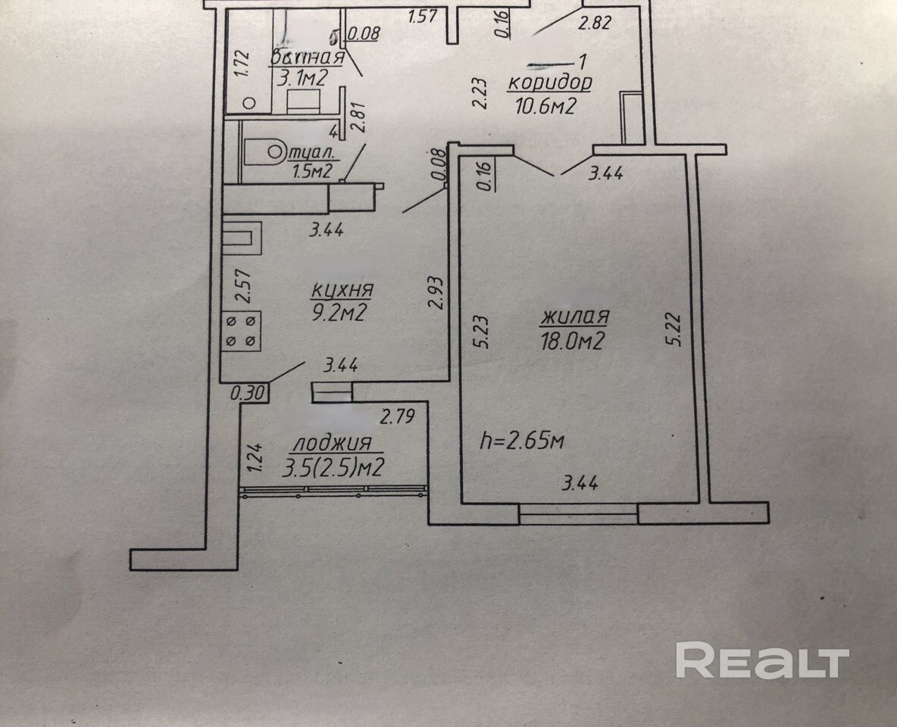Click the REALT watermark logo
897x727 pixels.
[762, 660]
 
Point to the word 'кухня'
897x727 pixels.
[342, 290]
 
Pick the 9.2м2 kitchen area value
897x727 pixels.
[339, 311]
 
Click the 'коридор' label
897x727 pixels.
[549, 83]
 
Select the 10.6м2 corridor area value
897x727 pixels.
[542, 105]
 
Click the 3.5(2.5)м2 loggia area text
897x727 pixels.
[330, 468]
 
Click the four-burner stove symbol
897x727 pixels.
[242, 332]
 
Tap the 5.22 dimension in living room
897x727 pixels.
[677, 331]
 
